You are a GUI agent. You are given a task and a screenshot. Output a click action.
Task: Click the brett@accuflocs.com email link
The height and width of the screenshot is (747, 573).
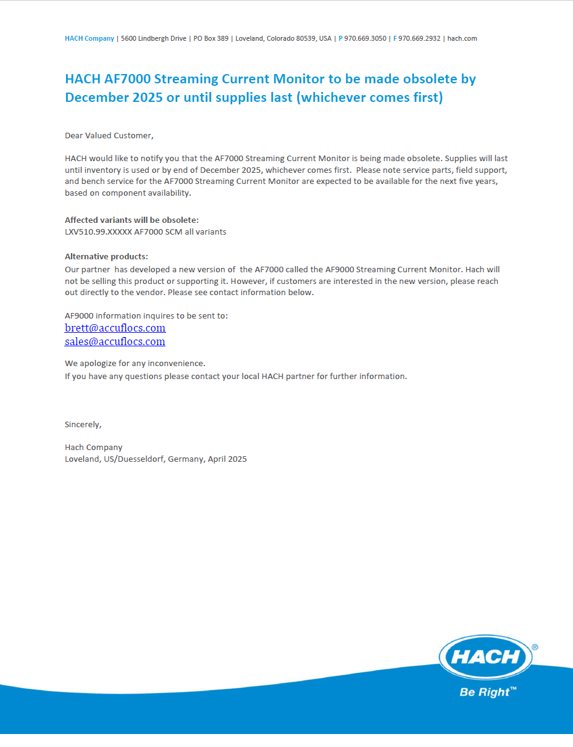115,328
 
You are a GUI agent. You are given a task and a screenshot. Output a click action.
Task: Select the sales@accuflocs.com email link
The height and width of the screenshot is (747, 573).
115,341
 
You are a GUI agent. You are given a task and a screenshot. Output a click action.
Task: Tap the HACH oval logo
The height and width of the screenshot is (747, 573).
485,657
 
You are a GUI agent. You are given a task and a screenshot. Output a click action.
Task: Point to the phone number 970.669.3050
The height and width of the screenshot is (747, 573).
365,38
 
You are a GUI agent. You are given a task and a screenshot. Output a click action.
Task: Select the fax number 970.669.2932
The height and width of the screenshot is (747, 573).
419,38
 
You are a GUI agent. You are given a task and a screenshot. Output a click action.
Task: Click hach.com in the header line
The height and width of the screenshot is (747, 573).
462,38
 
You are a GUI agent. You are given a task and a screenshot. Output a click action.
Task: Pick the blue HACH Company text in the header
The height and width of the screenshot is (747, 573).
90,38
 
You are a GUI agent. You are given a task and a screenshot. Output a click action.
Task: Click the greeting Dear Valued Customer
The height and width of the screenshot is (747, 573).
109,135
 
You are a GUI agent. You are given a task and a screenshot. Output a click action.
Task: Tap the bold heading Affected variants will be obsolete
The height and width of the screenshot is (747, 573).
132,220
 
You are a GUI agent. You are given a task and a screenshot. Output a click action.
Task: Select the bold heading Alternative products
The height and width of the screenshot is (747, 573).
106,257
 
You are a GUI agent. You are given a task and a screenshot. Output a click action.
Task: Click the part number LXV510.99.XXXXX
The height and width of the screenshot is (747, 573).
98,232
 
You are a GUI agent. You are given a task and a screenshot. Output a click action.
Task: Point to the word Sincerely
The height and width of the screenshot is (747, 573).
83,424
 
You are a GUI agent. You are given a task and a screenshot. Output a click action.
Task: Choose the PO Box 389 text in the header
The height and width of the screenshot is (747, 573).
211,38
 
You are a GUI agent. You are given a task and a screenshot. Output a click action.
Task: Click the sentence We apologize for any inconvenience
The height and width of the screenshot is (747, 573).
135,363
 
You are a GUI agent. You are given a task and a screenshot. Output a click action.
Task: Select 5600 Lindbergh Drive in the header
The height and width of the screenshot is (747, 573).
154,38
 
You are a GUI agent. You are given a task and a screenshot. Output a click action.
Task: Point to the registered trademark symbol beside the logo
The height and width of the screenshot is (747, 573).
535,648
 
